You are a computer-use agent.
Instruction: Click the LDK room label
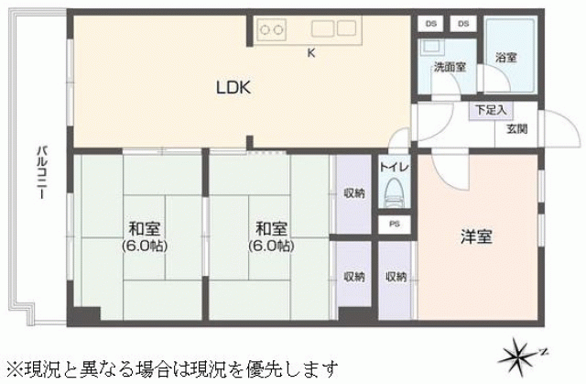(233, 87)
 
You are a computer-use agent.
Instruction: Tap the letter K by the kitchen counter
(311, 53)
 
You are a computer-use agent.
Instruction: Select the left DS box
(431, 24)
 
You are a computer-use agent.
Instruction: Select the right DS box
(463, 24)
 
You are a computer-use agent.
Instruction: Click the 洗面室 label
(450, 67)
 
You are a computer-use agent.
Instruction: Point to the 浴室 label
(506, 58)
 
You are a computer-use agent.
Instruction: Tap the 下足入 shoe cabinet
(491, 110)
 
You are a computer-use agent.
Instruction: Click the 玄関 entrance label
(516, 128)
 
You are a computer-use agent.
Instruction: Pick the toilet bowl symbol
(394, 191)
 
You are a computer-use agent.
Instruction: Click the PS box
(395, 225)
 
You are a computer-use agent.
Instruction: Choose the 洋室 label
(476, 236)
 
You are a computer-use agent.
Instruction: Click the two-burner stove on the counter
(271, 29)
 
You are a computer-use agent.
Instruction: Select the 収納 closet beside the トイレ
(353, 194)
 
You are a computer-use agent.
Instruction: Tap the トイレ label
(394, 167)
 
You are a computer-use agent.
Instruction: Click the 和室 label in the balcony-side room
(145, 228)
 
